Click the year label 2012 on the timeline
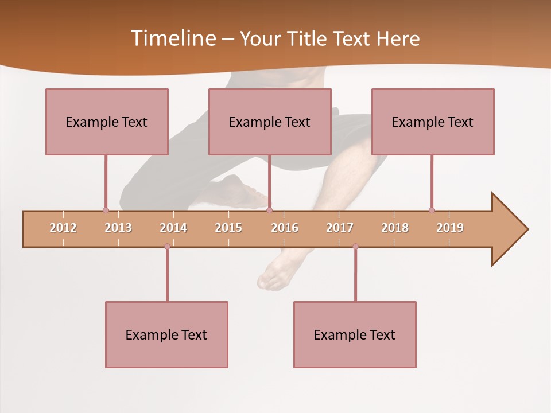click(63, 228)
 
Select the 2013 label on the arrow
click(118, 228)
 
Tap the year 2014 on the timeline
click(173, 228)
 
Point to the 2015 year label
click(228, 228)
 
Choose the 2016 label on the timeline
click(285, 228)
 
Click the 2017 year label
click(340, 228)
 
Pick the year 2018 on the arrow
click(395, 228)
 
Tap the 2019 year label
click(450, 228)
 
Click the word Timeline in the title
click(172, 38)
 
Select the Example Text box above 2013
click(107, 122)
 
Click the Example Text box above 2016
click(270, 122)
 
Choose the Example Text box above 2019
click(433, 122)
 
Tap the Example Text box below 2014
click(166, 334)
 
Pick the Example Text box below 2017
click(355, 334)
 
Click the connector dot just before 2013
click(106, 210)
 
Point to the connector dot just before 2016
click(269, 210)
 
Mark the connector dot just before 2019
click(432, 210)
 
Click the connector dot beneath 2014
click(167, 247)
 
